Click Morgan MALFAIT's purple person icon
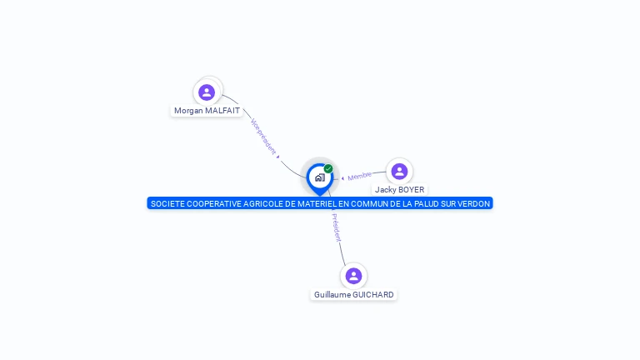(x=207, y=92)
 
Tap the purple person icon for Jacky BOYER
(x=399, y=172)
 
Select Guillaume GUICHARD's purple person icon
(x=353, y=276)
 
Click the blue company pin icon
(x=319, y=177)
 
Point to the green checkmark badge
(x=328, y=169)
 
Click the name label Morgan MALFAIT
(x=207, y=110)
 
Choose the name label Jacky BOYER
(x=399, y=190)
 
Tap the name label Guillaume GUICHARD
(x=353, y=294)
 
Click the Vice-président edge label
(x=262, y=136)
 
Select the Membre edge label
(x=360, y=176)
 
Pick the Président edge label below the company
(x=336, y=227)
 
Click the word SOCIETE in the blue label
(x=167, y=203)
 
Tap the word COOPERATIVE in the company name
(x=212, y=203)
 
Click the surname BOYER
(x=411, y=190)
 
